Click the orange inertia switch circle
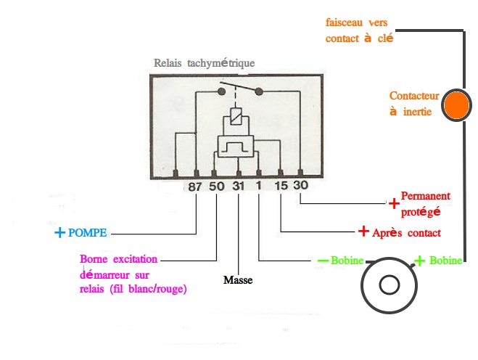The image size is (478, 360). click(x=458, y=104)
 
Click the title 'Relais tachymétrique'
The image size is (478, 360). click(x=205, y=63)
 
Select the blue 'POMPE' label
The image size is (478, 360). click(x=88, y=234)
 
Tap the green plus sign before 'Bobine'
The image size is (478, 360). click(x=419, y=260)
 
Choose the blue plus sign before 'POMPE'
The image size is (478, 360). click(x=59, y=234)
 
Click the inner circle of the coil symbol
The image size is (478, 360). click(x=390, y=285)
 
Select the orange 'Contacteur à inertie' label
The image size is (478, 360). click(x=410, y=103)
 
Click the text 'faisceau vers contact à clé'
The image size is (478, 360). click(x=360, y=30)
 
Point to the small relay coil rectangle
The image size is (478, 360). click(x=236, y=115)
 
